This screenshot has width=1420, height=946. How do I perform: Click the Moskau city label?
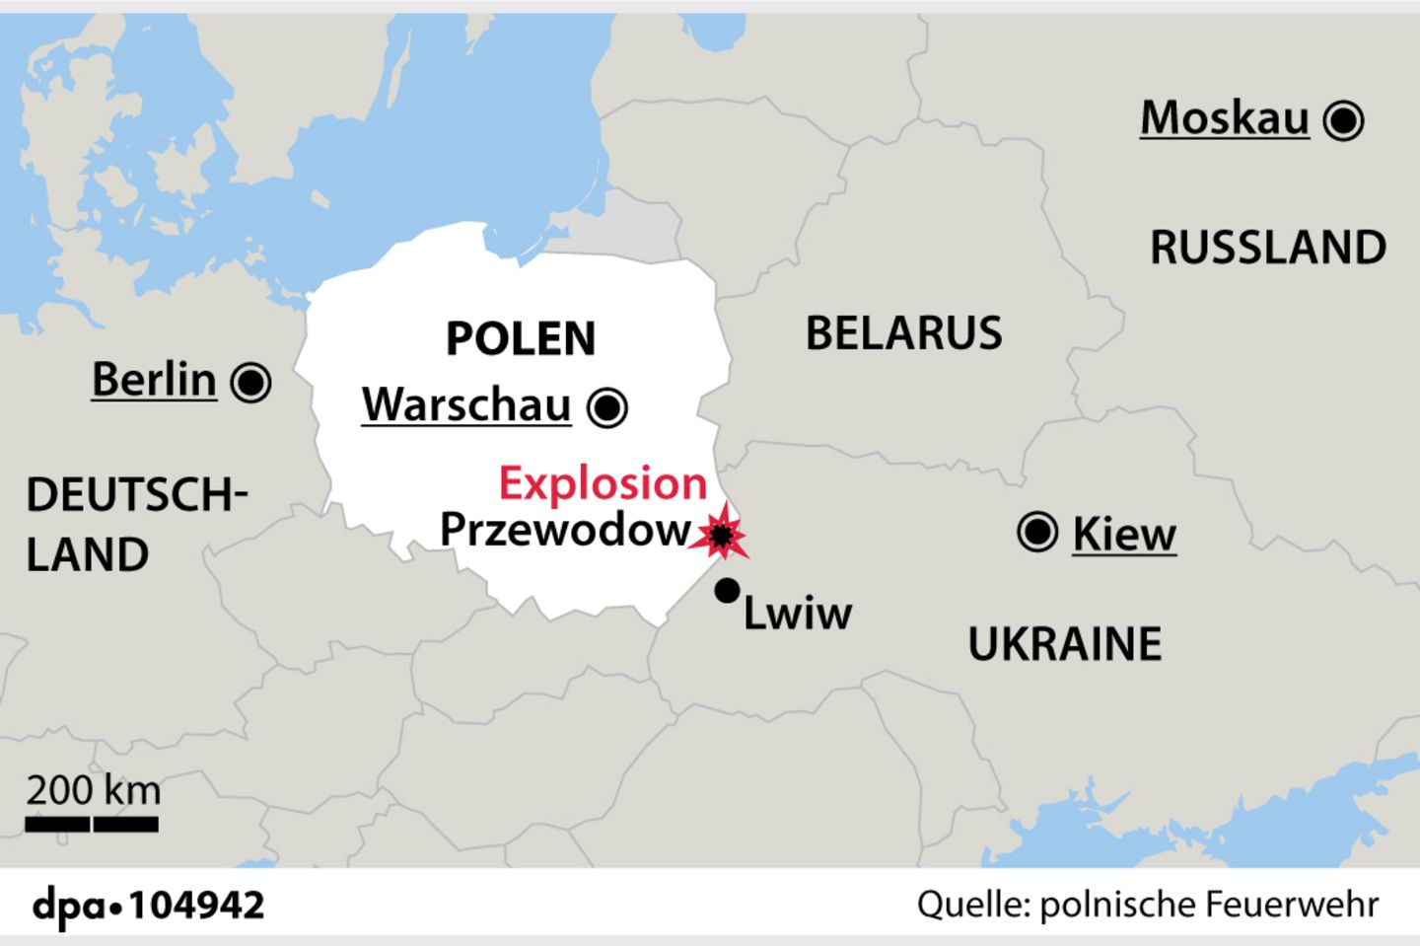tap(1224, 118)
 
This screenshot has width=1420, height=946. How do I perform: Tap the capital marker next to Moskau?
tap(1343, 120)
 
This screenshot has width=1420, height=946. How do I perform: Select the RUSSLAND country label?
tap(1268, 247)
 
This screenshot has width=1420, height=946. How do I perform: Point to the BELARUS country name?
tap(903, 333)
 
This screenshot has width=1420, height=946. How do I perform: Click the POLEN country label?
tap(521, 338)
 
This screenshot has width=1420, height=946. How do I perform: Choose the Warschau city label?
tap(466, 404)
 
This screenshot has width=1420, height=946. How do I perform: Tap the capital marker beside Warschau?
tap(607, 406)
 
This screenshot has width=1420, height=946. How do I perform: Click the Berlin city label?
tap(154, 379)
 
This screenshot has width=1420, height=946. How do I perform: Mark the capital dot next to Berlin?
tap(250, 382)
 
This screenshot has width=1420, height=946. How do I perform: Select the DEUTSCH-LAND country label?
tap(135, 524)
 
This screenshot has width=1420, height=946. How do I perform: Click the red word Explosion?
tap(603, 483)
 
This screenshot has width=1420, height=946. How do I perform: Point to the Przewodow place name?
tap(564, 530)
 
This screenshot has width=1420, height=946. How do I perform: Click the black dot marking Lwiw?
tap(727, 590)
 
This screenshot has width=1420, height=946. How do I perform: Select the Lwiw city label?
tap(797, 613)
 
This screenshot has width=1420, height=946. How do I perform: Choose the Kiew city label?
tap(1124, 534)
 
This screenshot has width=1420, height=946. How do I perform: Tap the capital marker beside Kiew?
tap(1037, 533)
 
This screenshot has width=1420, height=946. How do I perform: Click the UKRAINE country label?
tap(1065, 644)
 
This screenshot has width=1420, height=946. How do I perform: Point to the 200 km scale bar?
tap(92, 823)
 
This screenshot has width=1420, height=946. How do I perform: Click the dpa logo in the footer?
tap(71, 905)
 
